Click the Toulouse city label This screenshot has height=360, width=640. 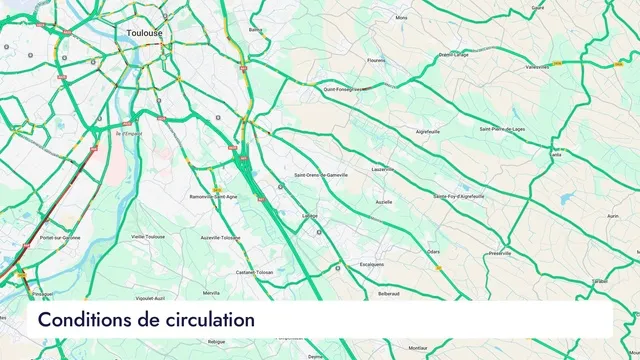tap(145, 33)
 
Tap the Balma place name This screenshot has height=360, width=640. tap(256, 30)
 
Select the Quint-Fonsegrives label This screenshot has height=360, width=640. tap(345, 88)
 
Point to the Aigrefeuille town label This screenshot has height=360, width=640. tap(427, 131)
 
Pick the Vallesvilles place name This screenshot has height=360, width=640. tap(538, 67)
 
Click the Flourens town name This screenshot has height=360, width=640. tap(376, 60)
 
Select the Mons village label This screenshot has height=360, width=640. tap(401, 17)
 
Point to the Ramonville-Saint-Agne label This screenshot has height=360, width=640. tap(213, 196)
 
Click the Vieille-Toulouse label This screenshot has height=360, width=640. tap(148, 237)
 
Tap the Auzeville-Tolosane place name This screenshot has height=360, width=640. tap(220, 238)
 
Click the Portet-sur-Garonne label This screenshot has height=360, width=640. tap(60, 238)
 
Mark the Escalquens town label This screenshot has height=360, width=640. tap(372, 265)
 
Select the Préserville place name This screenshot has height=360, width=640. tap(500, 254)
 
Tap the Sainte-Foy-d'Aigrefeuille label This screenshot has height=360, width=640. tap(459, 196)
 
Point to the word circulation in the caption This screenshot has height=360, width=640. tap(208, 320)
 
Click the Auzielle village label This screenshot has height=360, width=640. tap(384, 202)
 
